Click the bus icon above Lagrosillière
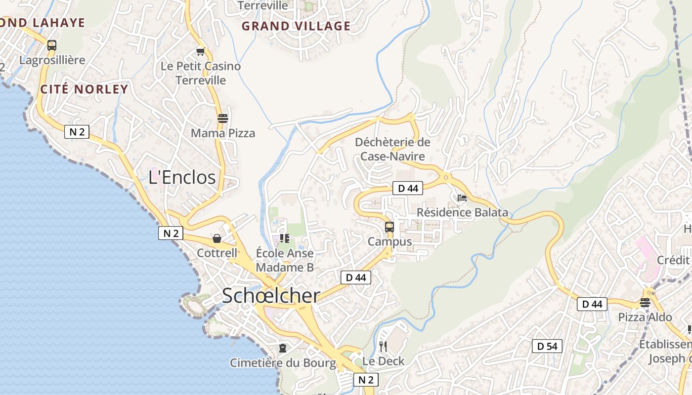coord(52,45)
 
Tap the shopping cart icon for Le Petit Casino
coord(201,52)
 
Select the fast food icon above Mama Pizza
coord(223,118)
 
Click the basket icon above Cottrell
coord(217,239)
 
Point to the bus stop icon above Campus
coord(389,227)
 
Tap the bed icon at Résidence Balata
coord(462,198)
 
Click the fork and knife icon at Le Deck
coord(383,347)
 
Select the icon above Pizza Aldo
coord(645,303)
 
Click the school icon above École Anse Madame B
coord(285,239)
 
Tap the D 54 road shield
coord(547,346)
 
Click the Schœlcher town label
coord(271,296)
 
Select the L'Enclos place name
coord(182,177)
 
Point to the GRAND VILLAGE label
coord(296,26)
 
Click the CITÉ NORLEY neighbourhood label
coord(84,89)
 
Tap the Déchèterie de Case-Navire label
coord(392,149)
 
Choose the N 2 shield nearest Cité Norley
coord(77,132)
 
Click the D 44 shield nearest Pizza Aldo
coord(592,304)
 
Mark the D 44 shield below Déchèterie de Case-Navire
coord(408,188)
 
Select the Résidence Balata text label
coord(462,212)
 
